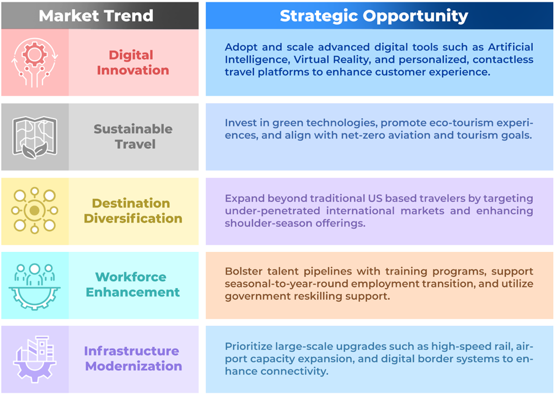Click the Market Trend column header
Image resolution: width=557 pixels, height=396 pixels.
(96, 15)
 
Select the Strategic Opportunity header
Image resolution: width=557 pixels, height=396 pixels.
(374, 16)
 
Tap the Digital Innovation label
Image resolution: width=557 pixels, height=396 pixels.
(133, 62)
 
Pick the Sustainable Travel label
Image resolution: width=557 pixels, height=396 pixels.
(133, 136)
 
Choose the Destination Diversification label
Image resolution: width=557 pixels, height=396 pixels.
(133, 210)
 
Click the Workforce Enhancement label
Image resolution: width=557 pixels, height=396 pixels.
(132, 284)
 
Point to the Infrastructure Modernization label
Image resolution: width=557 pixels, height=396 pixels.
(133, 358)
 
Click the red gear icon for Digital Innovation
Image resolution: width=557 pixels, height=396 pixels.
(34, 62)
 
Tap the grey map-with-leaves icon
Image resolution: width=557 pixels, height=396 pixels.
(35, 138)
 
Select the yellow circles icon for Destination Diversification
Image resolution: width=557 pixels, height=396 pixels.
(34, 210)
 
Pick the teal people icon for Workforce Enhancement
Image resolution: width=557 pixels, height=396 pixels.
(34, 286)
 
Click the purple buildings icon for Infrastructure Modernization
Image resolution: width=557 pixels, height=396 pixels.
(34, 358)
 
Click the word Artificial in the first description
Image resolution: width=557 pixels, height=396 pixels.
(511, 47)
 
